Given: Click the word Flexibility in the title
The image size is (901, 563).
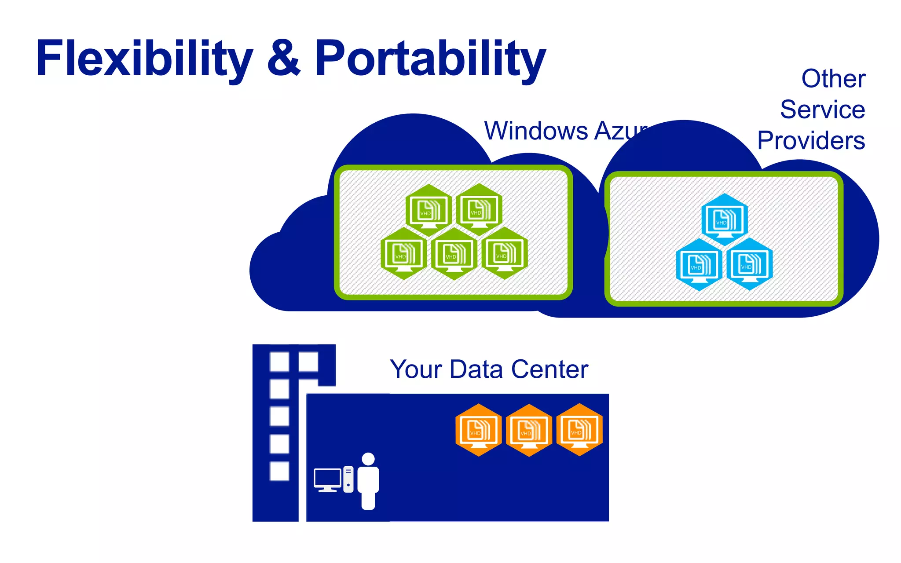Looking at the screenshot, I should pyautogui.click(x=144, y=59).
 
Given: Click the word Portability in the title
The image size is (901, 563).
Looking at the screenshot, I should pyautogui.click(x=430, y=59).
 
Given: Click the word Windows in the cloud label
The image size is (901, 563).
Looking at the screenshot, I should pyautogui.click(x=536, y=131).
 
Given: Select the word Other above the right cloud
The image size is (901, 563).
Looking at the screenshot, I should pyautogui.click(x=833, y=79).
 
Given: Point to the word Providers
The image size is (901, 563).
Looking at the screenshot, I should pyautogui.click(x=811, y=141).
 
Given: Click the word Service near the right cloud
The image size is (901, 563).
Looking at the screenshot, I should pyautogui.click(x=822, y=110).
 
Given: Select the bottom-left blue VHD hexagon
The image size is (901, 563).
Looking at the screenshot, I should pyautogui.click(x=699, y=264).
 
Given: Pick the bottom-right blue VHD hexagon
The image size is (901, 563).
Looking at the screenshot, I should pyautogui.click(x=750, y=264).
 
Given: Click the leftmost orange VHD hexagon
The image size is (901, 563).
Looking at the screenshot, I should pyautogui.click(x=478, y=430).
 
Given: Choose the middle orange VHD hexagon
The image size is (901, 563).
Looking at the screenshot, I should pyautogui.click(x=529, y=430).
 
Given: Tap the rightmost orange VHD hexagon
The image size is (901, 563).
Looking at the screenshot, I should pyautogui.click(x=579, y=430).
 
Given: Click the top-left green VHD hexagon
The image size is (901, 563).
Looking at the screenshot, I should pyautogui.click(x=429, y=210).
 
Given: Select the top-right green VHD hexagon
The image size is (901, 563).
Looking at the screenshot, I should pyautogui.click(x=479, y=209).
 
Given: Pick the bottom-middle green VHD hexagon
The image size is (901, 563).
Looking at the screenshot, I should pyautogui.click(x=454, y=253).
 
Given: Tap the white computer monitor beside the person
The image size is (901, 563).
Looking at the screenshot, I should pyautogui.click(x=327, y=479).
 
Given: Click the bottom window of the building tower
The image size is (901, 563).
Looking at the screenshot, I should pyautogui.click(x=279, y=471).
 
